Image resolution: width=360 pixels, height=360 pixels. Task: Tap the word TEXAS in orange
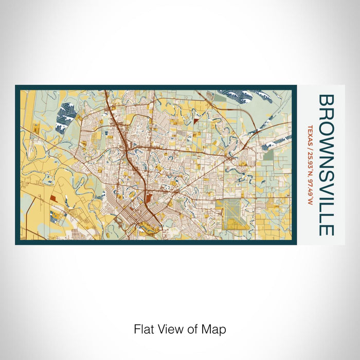pos(310,133)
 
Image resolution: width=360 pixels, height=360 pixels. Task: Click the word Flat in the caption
pos(143,329)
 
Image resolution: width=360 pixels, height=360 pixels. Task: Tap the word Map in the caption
pos(215,329)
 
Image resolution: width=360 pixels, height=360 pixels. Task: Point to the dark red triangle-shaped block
pos(196,120)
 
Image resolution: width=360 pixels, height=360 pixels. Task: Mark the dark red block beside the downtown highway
pos(148,197)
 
